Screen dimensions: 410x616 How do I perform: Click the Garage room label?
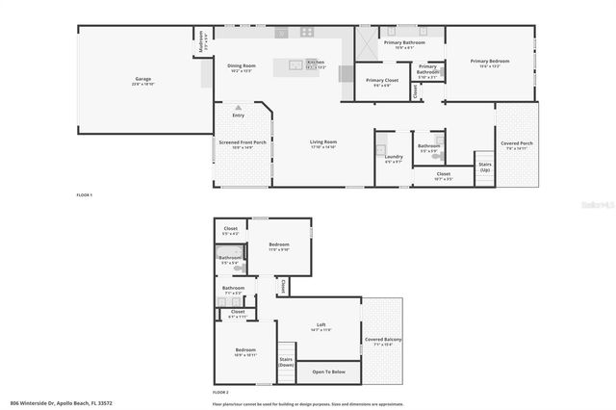click(x=141, y=79)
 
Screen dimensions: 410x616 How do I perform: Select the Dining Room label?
click(x=241, y=66)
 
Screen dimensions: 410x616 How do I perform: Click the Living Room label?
click(x=322, y=143)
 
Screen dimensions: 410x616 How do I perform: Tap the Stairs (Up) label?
click(x=485, y=167)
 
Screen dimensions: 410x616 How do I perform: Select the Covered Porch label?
click(x=517, y=144)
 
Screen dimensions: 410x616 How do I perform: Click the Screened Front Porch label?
click(x=243, y=143)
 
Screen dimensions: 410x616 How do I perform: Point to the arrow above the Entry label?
click(x=238, y=108)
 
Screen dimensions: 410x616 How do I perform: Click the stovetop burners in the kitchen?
click(x=308, y=31)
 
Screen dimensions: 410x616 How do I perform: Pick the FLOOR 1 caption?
click(x=85, y=195)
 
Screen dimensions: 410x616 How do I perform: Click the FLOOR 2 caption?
click(x=220, y=393)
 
